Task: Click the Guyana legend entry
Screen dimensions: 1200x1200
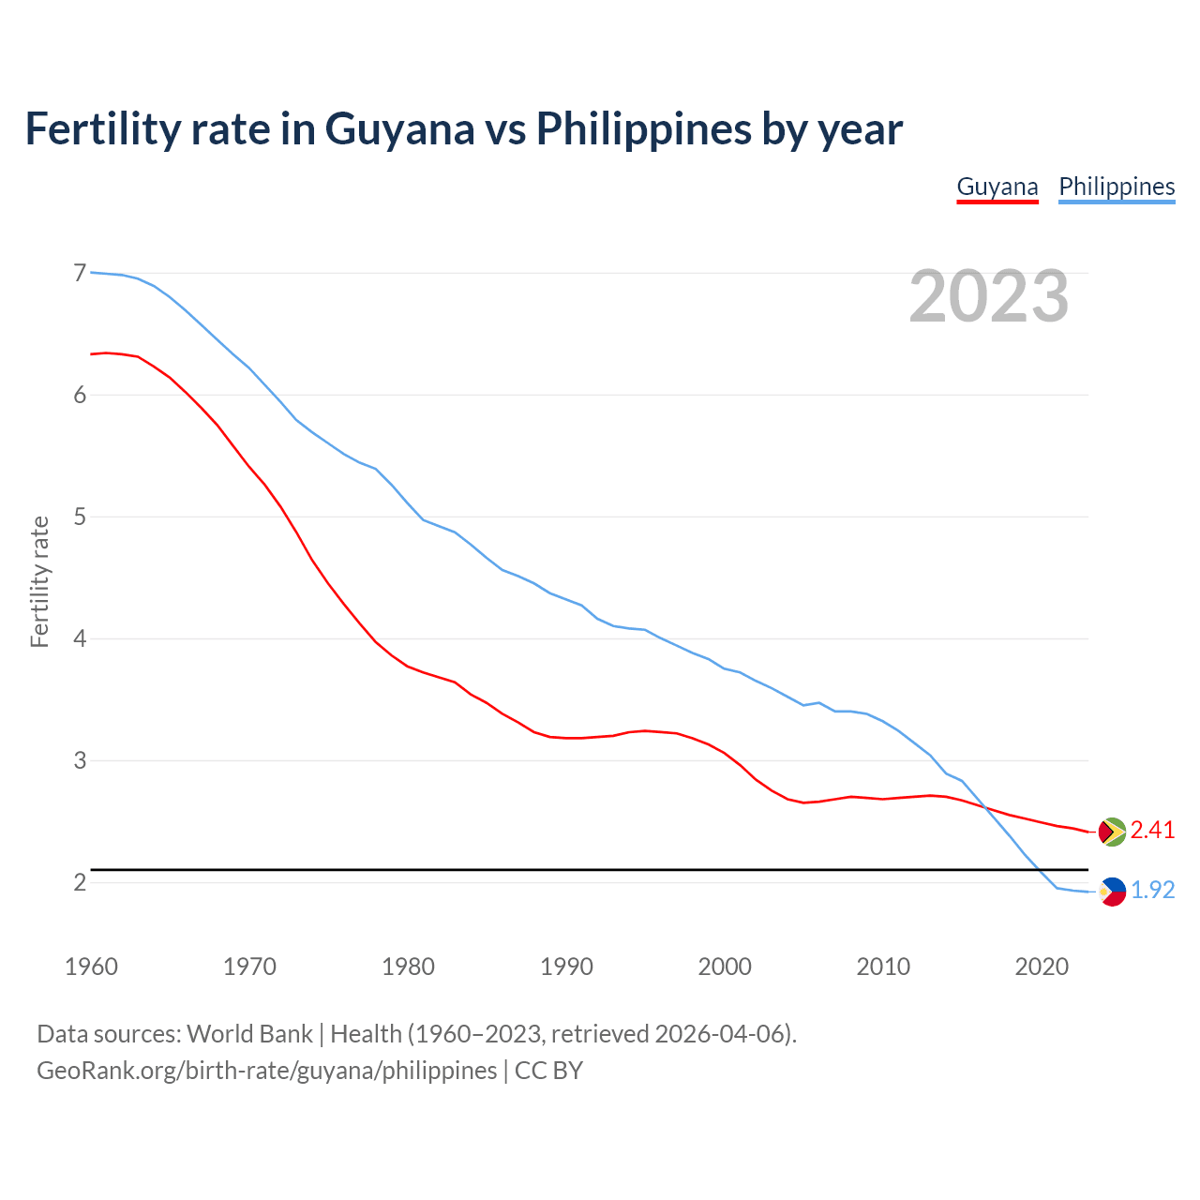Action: coord(997,187)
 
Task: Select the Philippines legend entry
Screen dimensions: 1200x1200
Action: coord(1117,187)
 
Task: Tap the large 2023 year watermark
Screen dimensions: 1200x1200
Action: coord(988,296)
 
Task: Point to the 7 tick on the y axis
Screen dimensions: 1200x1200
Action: coord(80,273)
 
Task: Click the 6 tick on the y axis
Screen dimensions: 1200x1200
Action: coord(80,395)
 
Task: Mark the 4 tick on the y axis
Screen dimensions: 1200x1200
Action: coord(80,638)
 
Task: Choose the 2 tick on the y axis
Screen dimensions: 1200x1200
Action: coord(80,882)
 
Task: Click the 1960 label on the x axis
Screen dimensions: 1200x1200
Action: coord(91,967)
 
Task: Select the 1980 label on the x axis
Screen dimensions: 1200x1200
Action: coord(408,967)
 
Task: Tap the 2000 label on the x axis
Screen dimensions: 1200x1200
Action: coord(725,967)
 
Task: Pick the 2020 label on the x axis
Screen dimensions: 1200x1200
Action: coord(1042,967)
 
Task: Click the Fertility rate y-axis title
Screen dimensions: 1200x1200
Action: coord(39,581)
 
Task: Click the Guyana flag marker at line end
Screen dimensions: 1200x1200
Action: coord(1112,832)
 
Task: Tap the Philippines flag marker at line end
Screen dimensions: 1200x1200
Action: coord(1112,892)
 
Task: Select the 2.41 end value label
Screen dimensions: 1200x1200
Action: coord(1152,831)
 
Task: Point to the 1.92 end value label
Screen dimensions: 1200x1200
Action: coord(1152,891)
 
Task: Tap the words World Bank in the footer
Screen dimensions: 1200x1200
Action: coord(249,1034)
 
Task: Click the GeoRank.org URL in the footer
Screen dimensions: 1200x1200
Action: coord(267,1071)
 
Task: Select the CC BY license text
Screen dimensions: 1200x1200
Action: coord(548,1071)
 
